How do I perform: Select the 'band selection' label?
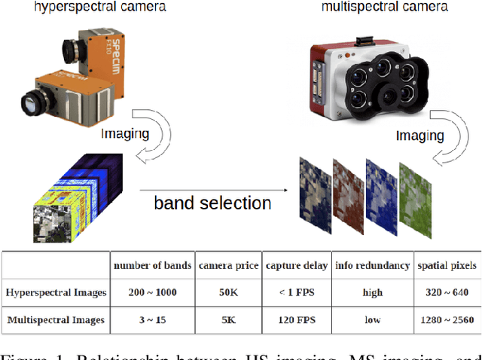[x=212, y=203]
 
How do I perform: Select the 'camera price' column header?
[x=229, y=265]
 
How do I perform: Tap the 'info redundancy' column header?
[x=372, y=265]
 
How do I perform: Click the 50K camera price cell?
[x=229, y=292]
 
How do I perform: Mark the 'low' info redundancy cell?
[x=372, y=319]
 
